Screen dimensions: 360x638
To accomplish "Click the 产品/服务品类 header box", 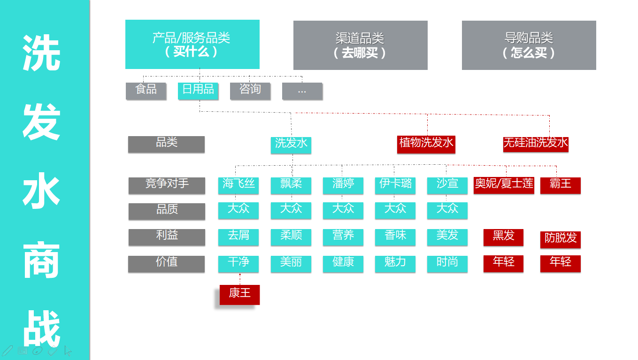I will [x=192, y=44].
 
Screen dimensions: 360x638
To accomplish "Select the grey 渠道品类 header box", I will [x=360, y=45].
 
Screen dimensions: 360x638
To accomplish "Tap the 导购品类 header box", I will [x=529, y=45].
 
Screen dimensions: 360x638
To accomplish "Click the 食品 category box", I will [x=146, y=91].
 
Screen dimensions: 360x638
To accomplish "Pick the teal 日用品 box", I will [x=198, y=91].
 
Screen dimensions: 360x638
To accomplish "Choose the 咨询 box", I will [x=250, y=91].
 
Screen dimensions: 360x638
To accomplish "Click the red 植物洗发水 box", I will [x=426, y=144].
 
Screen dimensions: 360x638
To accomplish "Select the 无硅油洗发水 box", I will [x=536, y=144].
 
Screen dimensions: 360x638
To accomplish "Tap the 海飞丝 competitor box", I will [x=238, y=185].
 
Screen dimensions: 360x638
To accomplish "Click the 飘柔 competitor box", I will [x=291, y=185].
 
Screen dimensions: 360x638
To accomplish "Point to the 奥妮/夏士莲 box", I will [x=504, y=185].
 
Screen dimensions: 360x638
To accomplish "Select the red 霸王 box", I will [x=560, y=185].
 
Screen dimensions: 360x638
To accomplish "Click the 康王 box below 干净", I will [x=239, y=294].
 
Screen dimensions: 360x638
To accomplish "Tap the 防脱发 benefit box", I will [x=560, y=239].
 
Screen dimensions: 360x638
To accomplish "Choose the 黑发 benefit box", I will [x=503, y=237].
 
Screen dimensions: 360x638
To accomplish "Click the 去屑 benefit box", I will [x=238, y=237].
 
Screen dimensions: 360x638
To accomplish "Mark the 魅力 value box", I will [x=395, y=263].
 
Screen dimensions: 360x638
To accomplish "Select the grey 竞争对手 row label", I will [x=167, y=185].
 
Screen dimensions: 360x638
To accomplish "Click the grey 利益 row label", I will [x=167, y=237].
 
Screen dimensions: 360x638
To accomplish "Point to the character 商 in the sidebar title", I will [x=42, y=260].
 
